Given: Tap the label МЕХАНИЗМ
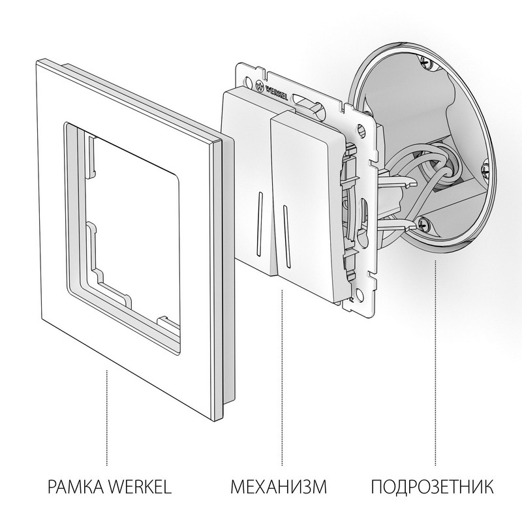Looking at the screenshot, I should tap(278, 486).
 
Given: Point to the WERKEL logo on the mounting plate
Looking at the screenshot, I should tap(275, 85).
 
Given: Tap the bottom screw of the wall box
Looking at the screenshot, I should tap(424, 224).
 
